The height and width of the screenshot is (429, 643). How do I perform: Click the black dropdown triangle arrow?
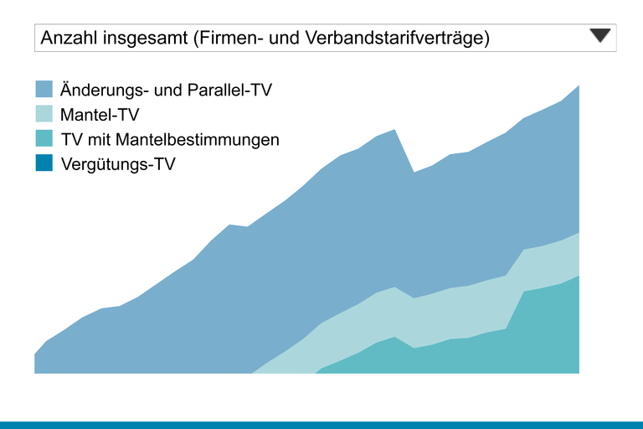click(x=601, y=35)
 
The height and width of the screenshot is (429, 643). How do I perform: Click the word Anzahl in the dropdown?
click(x=68, y=39)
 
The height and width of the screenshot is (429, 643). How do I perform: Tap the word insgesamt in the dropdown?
click(x=141, y=39)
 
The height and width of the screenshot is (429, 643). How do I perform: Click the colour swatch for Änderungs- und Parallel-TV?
click(x=44, y=89)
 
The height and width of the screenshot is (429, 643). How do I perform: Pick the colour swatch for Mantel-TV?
click(x=44, y=114)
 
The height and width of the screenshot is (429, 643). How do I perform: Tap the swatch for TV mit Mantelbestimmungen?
click(x=44, y=139)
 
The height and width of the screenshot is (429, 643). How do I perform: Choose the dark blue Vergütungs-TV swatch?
click(x=44, y=163)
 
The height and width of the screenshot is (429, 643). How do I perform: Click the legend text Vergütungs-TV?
click(x=118, y=164)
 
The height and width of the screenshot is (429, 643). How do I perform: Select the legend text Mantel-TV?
click(x=100, y=115)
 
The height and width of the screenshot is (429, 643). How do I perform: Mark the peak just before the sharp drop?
click(x=394, y=130)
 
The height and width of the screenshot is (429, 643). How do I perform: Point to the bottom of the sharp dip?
click(x=414, y=173)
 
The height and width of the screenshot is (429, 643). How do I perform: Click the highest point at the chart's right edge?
click(x=579, y=85)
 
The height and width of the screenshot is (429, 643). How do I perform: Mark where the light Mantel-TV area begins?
click(x=253, y=373)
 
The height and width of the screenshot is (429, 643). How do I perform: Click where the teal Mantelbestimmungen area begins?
click(x=317, y=372)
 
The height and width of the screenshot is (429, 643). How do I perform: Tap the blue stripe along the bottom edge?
click(x=321, y=425)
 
